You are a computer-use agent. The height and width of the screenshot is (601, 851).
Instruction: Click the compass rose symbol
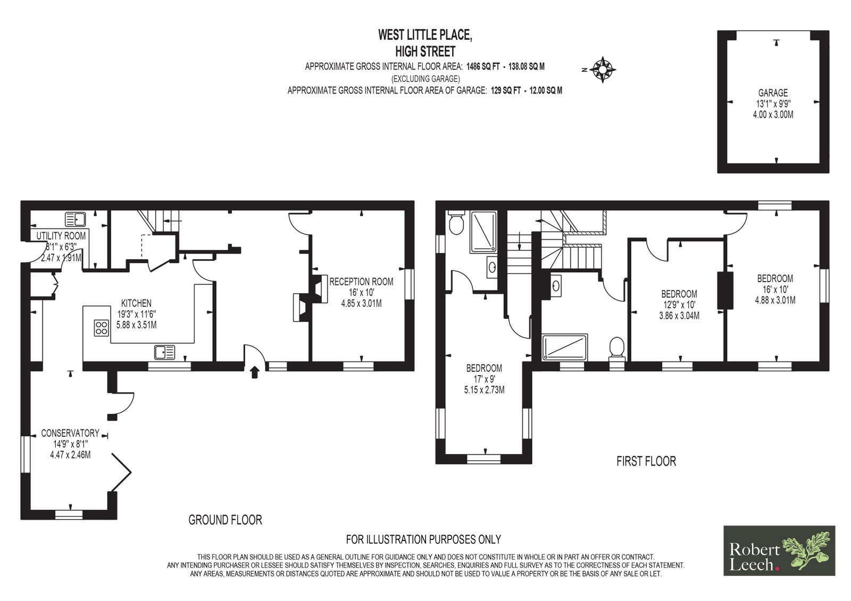click(x=603, y=70)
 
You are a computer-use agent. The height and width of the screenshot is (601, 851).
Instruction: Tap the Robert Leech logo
click(x=779, y=551)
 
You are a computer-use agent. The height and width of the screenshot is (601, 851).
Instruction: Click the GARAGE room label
click(x=773, y=92)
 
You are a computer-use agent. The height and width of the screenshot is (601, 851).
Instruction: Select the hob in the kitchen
click(x=102, y=328)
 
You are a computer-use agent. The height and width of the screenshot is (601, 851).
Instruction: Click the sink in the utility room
click(x=75, y=219)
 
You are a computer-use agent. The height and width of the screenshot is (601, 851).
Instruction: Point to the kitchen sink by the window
click(x=164, y=352)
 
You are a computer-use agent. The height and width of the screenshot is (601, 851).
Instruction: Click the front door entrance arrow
click(x=255, y=372)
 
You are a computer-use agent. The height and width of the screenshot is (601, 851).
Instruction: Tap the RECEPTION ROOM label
click(x=361, y=282)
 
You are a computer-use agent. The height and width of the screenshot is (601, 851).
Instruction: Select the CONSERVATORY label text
click(x=70, y=433)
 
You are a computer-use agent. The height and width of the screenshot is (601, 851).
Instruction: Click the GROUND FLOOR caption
click(x=226, y=520)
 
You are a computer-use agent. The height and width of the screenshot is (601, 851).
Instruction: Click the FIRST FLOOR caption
click(x=646, y=461)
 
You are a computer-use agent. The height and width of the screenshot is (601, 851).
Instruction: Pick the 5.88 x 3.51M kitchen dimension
click(x=136, y=325)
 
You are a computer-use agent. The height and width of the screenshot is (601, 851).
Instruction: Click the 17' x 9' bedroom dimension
click(x=484, y=379)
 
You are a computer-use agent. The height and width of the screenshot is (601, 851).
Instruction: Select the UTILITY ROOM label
click(x=61, y=236)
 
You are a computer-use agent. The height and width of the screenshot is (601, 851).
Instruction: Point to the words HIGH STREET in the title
click(x=425, y=51)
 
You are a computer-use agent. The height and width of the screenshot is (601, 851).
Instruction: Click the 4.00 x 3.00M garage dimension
click(x=773, y=114)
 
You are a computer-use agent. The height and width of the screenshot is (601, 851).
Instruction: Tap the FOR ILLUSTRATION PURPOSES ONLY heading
click(x=423, y=539)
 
